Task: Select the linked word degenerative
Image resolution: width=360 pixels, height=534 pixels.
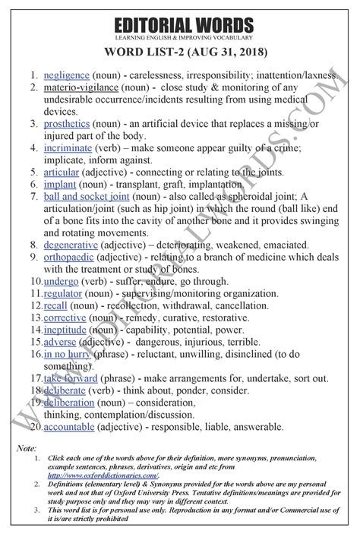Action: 76,246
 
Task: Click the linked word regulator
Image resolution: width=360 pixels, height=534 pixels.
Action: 65,295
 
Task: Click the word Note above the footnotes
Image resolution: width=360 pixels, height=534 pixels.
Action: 26,449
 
